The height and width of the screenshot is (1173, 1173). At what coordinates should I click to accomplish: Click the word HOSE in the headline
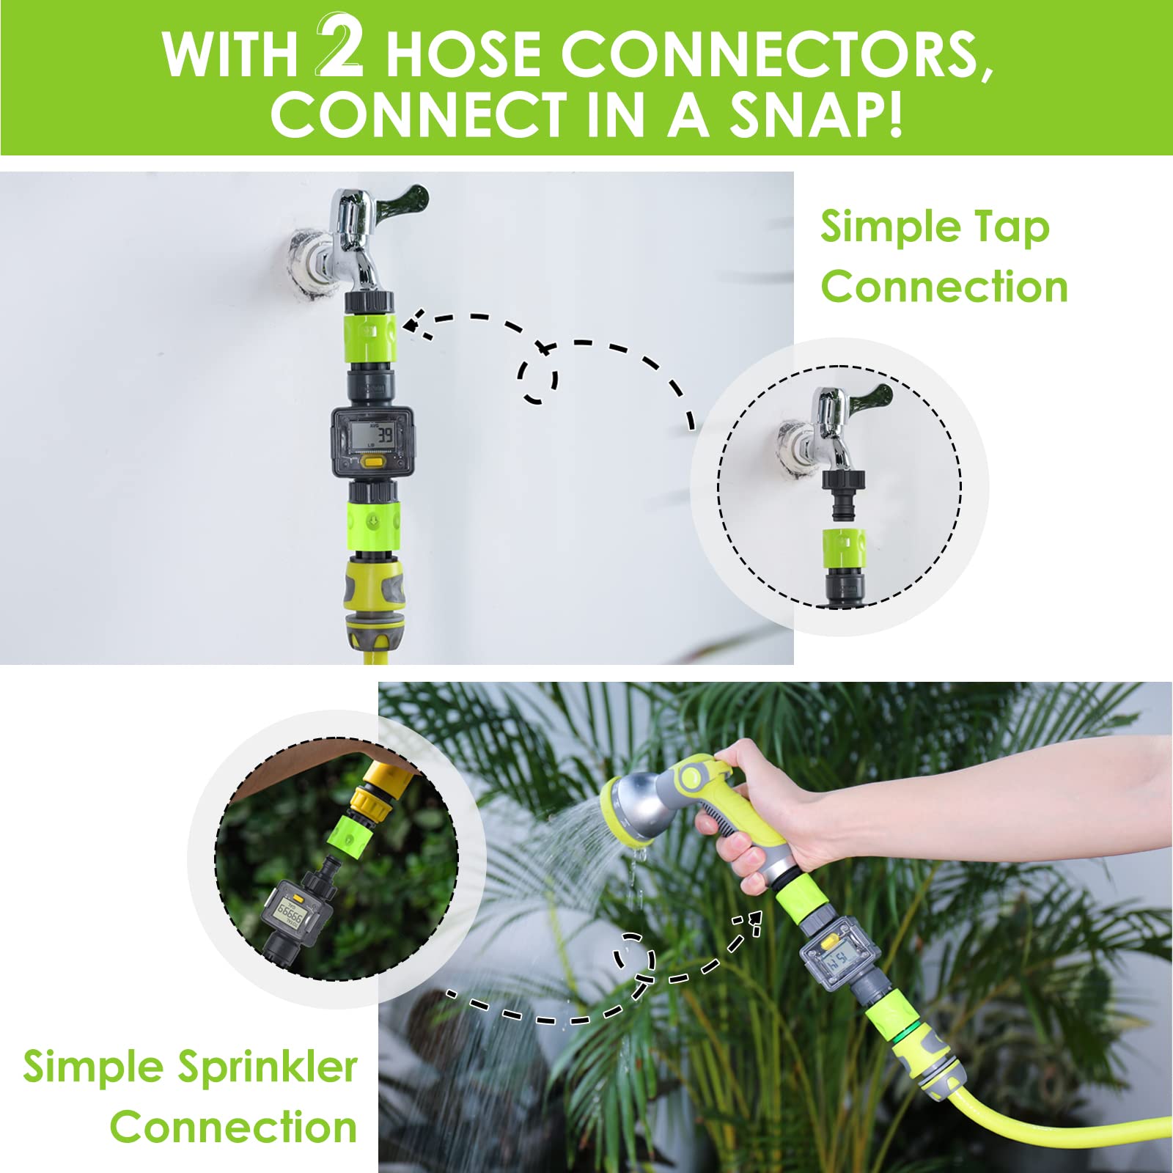coord(463,55)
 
